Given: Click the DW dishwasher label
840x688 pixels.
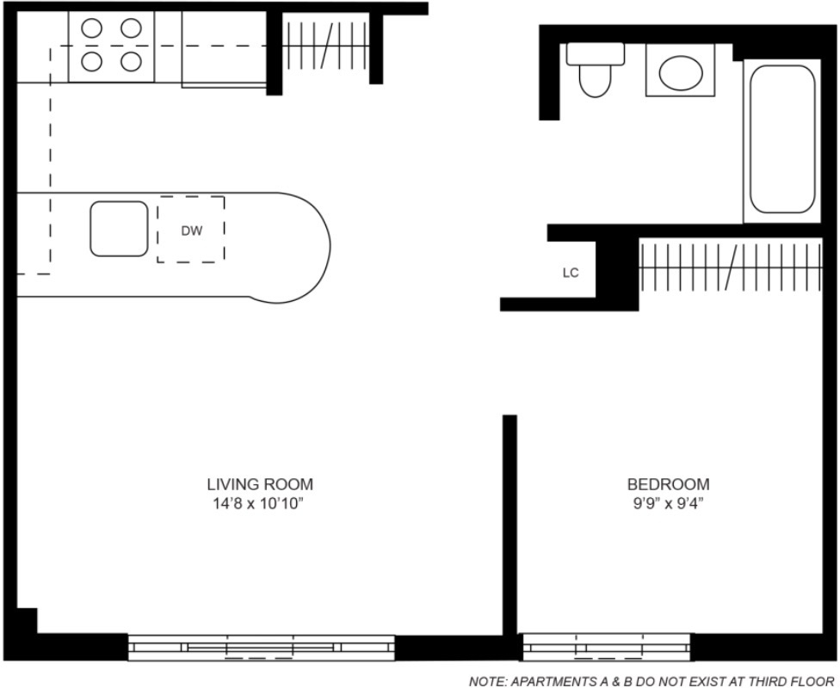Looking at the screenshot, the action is click(192, 230).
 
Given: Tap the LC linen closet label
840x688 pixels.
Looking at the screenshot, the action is click(571, 273).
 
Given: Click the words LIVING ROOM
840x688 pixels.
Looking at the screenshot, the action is click(260, 484).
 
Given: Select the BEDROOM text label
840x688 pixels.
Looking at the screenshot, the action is click(668, 484).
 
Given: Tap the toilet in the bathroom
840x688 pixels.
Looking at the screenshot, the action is click(596, 70).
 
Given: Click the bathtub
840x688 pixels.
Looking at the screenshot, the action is click(782, 139).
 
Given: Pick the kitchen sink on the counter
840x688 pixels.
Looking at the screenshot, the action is click(119, 229).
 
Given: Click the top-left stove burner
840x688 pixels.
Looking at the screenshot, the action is click(92, 28).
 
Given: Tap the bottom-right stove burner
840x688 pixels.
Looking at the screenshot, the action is click(131, 62).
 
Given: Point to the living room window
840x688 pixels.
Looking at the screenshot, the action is click(262, 648).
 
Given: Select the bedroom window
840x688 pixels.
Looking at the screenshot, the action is click(607, 647).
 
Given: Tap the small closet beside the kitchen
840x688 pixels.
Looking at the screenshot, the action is click(325, 46).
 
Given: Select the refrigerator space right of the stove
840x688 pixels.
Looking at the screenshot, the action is click(224, 48).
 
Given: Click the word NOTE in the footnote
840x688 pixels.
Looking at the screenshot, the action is click(487, 682).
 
